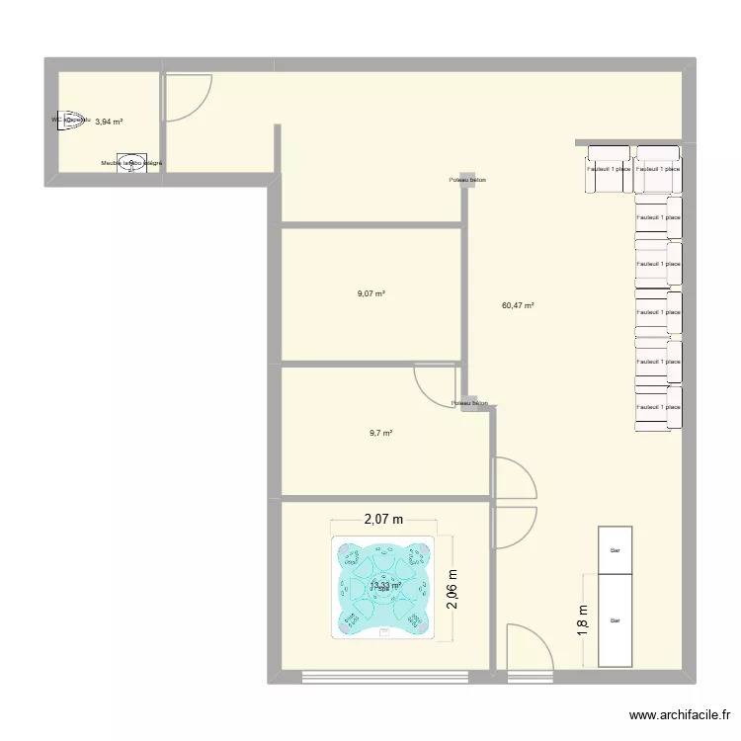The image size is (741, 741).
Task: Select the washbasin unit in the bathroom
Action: (x=131, y=164)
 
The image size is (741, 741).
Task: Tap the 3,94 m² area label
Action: (x=109, y=122)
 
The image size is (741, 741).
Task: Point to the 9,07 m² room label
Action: (x=370, y=293)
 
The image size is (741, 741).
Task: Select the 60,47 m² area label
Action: (x=518, y=306)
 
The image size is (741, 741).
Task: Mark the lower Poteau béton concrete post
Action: (x=468, y=397)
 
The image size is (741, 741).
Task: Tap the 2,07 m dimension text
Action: (x=384, y=519)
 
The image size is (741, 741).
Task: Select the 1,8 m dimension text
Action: (x=582, y=621)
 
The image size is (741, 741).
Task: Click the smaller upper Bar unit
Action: (x=615, y=550)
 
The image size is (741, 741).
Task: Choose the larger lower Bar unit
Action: (x=615, y=620)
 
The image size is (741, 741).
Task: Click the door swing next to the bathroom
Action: (x=187, y=97)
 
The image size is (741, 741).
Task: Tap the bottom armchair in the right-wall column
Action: (x=658, y=406)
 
